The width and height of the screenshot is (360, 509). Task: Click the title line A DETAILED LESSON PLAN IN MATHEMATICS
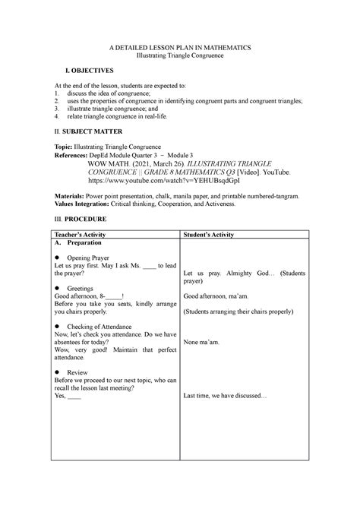click(x=180, y=47)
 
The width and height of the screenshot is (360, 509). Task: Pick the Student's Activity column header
click(x=209, y=235)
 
